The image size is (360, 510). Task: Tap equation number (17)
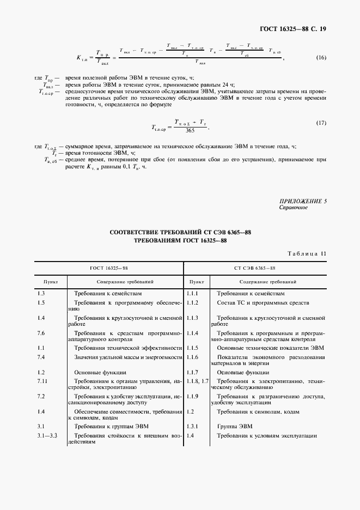tap(321, 123)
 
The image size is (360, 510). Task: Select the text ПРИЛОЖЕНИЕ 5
tap(303, 202)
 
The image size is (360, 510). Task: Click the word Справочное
tap(294, 208)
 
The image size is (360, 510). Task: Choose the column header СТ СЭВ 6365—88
tap(255, 268)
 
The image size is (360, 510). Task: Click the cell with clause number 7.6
tap(41, 332)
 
